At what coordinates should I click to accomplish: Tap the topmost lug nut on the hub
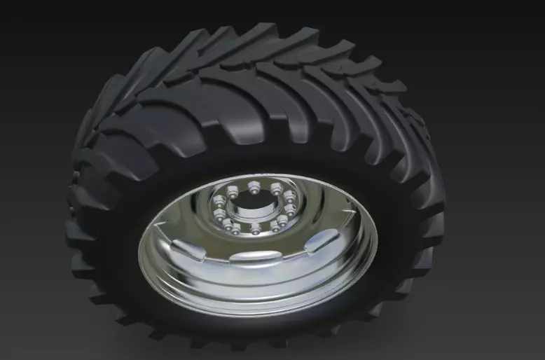coord(253,186)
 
